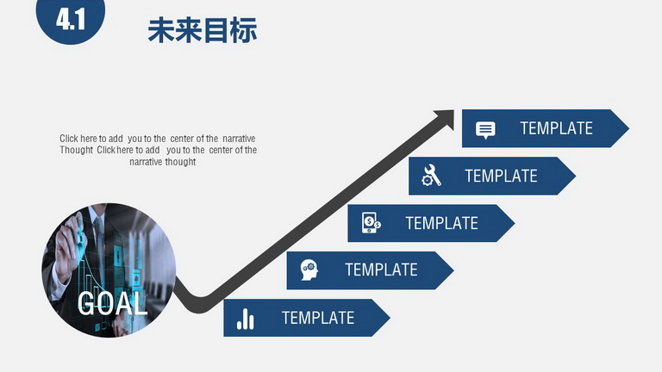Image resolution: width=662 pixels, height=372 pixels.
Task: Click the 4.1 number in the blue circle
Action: [71, 20]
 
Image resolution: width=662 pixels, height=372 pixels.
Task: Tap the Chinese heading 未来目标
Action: [203, 30]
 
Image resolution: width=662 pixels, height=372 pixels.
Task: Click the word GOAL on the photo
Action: [112, 303]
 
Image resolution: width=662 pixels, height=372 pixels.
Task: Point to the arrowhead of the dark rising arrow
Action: [445, 118]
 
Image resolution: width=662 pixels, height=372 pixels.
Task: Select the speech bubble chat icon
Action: [485, 130]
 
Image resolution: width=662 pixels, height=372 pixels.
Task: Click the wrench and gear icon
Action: [432, 176]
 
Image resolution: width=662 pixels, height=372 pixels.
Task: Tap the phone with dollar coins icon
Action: [372, 223]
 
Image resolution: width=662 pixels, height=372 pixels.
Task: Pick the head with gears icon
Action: [309, 270]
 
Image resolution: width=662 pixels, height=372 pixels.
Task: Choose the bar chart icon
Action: [246, 319]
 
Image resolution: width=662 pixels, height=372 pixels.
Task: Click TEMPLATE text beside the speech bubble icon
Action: [557, 128]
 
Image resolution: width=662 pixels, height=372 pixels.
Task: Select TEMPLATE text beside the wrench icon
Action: [501, 176]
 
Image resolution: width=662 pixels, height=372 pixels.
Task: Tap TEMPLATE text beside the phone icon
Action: [442, 223]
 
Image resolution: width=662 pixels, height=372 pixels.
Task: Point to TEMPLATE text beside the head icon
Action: [381, 270]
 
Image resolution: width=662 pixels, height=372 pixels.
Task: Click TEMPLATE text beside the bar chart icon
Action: [318, 318]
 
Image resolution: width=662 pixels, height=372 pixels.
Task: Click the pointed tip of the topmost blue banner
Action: [628, 128]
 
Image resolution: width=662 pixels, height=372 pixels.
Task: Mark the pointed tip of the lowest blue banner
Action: [390, 318]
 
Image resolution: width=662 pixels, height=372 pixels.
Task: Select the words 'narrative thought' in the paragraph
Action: [163, 162]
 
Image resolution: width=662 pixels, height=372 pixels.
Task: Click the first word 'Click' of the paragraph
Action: [69, 139]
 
